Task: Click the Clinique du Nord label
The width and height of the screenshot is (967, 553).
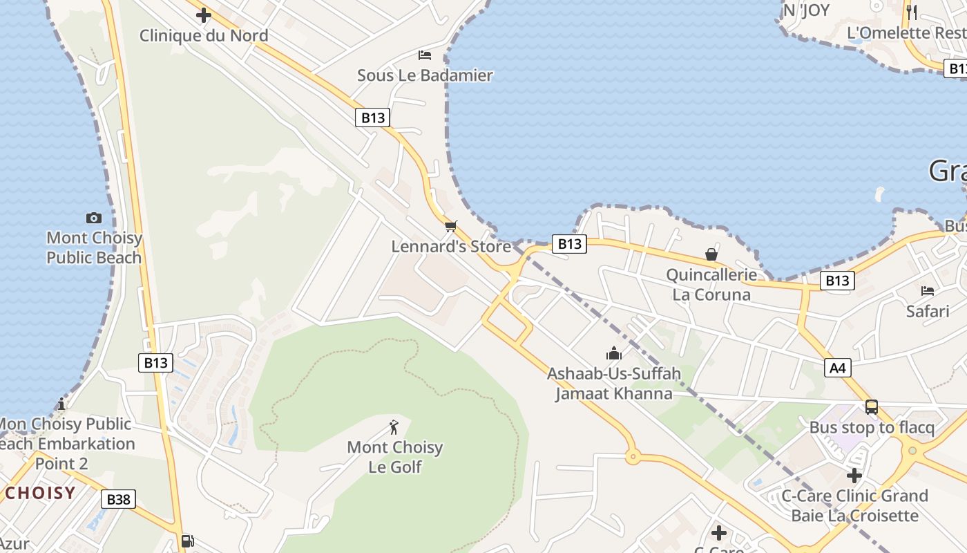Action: (204, 35)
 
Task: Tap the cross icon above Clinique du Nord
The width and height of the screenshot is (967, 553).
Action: (204, 15)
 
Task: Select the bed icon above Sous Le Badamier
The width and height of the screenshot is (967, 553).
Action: (425, 55)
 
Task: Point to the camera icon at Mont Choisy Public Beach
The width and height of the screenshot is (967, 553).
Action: (94, 218)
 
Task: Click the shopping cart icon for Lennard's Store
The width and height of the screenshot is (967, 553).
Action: (451, 226)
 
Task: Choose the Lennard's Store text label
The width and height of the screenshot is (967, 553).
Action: (451, 246)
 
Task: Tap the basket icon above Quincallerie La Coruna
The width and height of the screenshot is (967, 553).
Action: (711, 254)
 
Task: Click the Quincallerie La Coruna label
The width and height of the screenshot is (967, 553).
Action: (711, 285)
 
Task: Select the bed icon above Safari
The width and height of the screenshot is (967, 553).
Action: (928, 290)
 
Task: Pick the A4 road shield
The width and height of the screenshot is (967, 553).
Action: (837, 368)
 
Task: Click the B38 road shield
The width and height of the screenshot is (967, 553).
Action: (118, 499)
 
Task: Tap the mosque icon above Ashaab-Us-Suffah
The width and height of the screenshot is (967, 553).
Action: (613, 354)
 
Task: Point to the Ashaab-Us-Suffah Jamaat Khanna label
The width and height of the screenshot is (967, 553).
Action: (614, 384)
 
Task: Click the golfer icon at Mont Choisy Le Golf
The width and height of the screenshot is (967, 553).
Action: (394, 427)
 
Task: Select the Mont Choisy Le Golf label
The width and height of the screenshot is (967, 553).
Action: (395, 457)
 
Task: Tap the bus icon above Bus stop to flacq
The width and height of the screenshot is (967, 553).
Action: (872, 407)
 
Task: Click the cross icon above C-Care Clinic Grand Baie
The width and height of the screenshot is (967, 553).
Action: (854, 476)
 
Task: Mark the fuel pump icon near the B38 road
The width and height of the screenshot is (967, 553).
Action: (187, 541)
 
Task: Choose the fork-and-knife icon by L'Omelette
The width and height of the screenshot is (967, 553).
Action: (912, 12)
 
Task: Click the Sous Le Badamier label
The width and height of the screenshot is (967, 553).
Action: (425, 75)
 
